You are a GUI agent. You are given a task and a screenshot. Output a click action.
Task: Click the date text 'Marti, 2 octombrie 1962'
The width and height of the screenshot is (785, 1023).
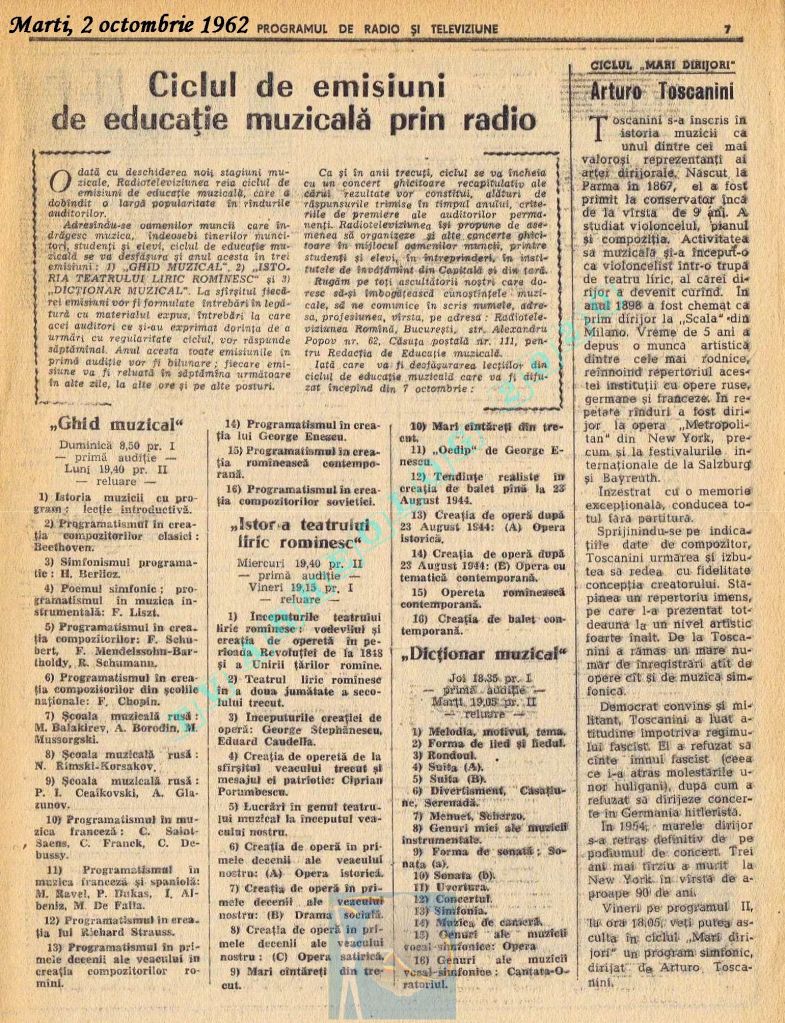pos(127,21)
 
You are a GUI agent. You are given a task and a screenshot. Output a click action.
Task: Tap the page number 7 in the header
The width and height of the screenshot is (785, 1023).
pos(727,28)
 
